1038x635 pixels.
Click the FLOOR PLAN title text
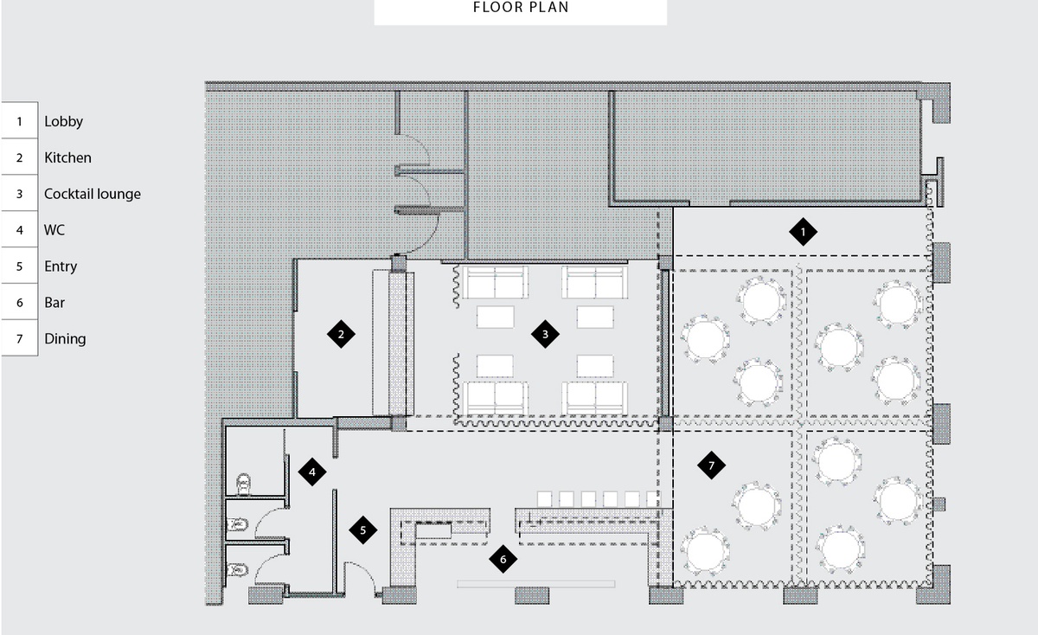coord(521,8)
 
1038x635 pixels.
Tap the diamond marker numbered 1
coord(803,232)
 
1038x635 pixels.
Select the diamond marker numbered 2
coord(341,334)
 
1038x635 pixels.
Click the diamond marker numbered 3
coord(545,334)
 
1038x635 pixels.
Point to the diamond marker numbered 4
coord(312,471)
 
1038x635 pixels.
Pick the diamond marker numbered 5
coord(362,529)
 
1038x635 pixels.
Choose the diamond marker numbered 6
coord(503,560)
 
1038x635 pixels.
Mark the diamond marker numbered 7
coord(711,465)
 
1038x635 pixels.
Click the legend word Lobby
coord(63,122)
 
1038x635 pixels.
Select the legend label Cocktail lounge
coord(93,194)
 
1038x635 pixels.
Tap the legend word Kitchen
coord(67,157)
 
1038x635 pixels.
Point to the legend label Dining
coord(65,339)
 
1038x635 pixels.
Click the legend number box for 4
coord(19,229)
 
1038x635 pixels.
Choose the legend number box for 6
coord(19,302)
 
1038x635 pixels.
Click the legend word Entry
coord(61,266)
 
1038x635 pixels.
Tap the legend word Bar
coord(54,303)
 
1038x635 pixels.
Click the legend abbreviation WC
coord(54,230)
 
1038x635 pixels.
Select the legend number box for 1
coord(19,121)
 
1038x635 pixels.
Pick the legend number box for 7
coord(19,339)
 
